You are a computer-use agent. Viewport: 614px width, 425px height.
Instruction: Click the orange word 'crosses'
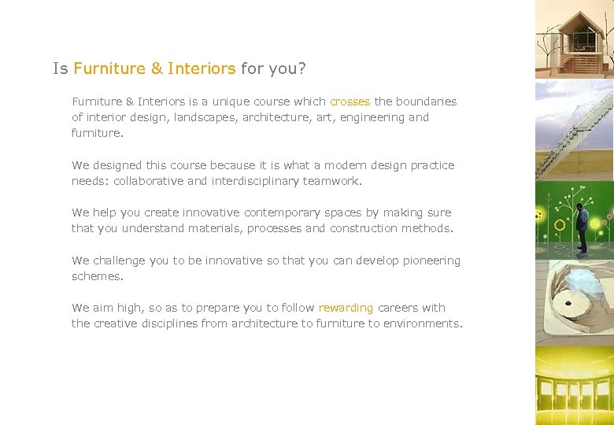coord(350,102)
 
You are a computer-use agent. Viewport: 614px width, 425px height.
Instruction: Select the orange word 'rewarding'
coord(346,308)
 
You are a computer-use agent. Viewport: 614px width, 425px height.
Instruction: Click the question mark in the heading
coord(302,68)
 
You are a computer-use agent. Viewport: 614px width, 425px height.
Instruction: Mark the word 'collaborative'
coord(149,181)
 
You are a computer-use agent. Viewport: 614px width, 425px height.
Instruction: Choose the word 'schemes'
coord(97,276)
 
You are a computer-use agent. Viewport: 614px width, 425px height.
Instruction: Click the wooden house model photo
coord(575,39)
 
